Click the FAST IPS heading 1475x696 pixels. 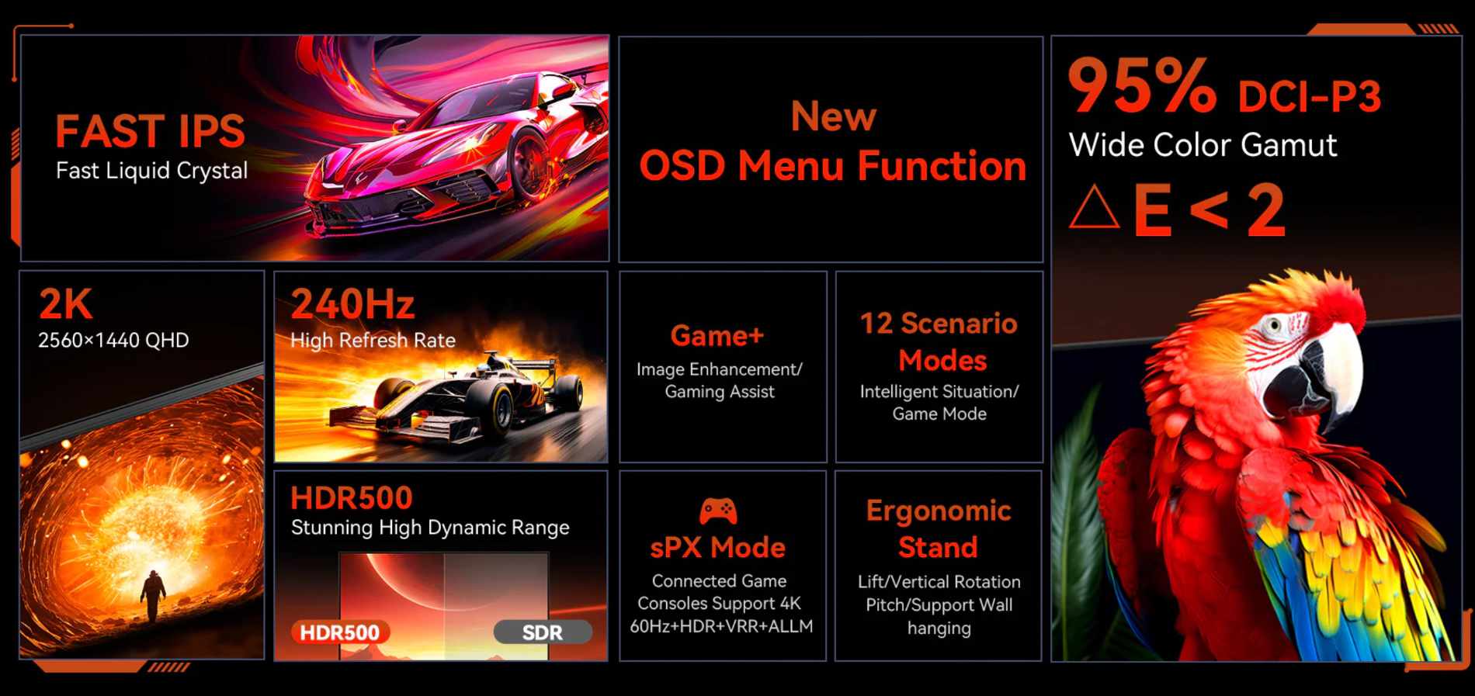[150, 130]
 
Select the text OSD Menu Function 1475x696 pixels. [832, 165]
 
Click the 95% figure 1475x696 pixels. [1142, 86]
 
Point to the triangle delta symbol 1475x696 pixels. [1094, 207]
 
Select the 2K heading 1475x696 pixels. [65, 303]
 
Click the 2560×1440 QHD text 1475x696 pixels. [113, 340]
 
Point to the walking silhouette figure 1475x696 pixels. [153, 595]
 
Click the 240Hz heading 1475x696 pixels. [352, 303]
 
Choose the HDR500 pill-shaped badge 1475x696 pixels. [340, 632]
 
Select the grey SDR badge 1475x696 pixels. [543, 632]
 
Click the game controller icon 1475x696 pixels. [718, 511]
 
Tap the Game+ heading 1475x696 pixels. [717, 335]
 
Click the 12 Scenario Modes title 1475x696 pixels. [939, 341]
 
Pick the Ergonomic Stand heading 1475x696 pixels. [939, 528]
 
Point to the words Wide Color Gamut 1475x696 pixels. [1203, 145]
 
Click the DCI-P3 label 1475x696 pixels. [1309, 97]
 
